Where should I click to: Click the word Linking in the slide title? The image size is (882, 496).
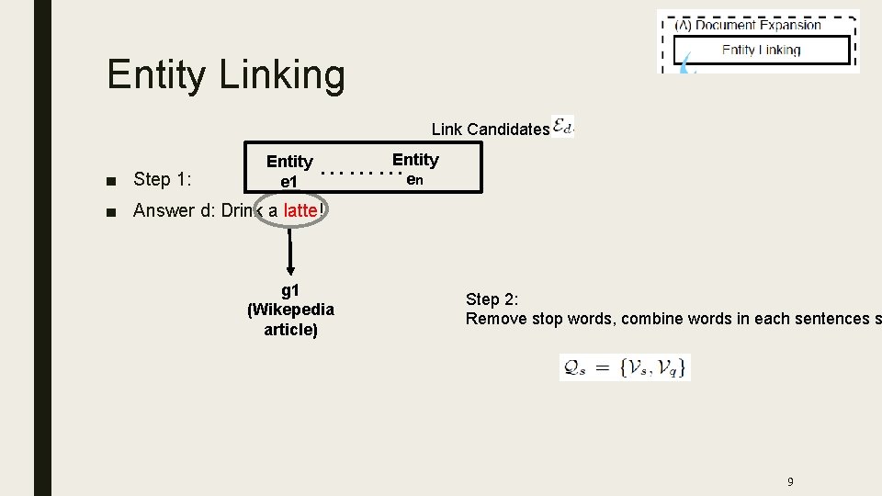point(282,75)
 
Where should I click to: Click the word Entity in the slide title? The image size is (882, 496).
point(156,75)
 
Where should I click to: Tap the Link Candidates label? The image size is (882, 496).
point(490,130)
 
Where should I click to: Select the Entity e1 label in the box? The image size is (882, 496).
point(289,172)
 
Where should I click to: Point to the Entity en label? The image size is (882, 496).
point(415,169)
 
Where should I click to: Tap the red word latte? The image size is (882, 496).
point(300,210)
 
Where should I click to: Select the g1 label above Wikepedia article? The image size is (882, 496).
point(290,290)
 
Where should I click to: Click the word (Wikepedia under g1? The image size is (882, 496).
point(290,310)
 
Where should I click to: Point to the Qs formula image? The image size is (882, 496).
point(625,367)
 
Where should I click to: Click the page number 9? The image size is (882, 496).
point(790,481)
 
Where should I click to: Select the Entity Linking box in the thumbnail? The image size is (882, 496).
point(761,51)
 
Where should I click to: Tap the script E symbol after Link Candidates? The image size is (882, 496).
point(561,128)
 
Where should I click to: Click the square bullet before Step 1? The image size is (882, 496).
point(111,179)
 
